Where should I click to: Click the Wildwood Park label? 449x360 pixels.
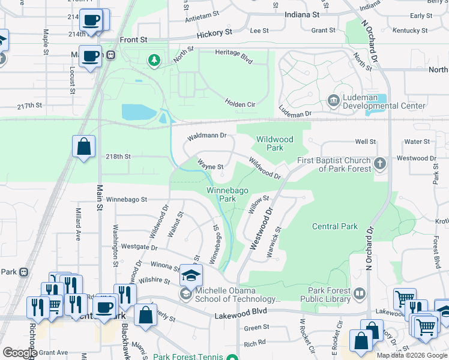coord(275,143)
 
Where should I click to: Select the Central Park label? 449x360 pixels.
coord(335,226)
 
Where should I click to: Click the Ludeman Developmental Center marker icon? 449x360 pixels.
coord(333,99)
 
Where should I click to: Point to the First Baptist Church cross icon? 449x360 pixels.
coord(379,163)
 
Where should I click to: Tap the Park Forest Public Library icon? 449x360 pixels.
coord(360,293)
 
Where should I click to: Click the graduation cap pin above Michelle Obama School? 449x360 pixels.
coord(192,275)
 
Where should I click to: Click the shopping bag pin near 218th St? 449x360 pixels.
coord(83,146)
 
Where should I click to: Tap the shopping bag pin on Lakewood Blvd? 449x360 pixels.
coord(145,314)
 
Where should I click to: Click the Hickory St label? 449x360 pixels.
coord(217,31)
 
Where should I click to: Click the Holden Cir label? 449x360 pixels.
coord(240,104)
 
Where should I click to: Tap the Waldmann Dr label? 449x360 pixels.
coord(206,136)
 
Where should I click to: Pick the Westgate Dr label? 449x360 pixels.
coord(139,247)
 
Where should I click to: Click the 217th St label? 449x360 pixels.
coord(30,106)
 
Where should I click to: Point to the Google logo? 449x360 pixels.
coord(20,352)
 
